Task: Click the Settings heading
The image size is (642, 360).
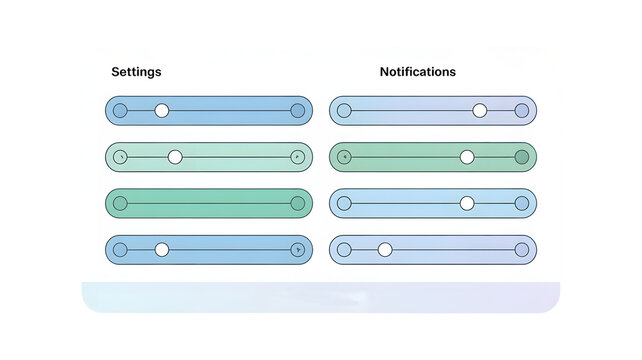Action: (136, 72)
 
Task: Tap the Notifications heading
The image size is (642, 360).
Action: (417, 72)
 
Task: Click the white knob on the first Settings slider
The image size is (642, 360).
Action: (162, 111)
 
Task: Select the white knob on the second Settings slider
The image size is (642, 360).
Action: (175, 157)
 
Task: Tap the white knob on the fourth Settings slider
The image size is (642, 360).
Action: (162, 249)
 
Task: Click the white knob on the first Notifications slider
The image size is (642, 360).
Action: (480, 111)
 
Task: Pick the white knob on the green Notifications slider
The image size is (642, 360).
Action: (467, 157)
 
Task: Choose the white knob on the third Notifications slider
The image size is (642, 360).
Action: (467, 203)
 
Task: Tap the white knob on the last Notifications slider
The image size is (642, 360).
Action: (385, 249)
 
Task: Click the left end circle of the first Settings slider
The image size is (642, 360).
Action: (120, 111)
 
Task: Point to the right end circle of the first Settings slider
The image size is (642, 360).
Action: (297, 111)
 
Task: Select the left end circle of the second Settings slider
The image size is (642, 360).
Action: (120, 157)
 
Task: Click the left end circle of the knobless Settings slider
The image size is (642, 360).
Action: (120, 203)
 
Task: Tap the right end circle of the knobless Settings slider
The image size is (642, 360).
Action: (297, 203)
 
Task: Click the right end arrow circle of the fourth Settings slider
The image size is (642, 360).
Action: (297, 249)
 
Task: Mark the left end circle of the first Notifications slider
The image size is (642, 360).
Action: (344, 111)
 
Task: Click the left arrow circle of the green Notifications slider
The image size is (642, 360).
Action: (344, 157)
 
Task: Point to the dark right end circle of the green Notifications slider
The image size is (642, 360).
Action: (521, 157)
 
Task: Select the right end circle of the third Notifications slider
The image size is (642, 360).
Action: (521, 203)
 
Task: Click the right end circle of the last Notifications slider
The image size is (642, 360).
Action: (521, 249)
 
